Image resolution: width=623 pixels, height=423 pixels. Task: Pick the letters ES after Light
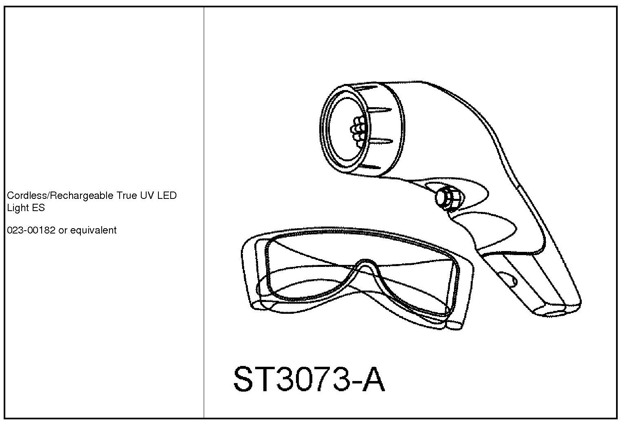tap(39, 208)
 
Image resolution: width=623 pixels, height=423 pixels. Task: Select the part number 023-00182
tap(31, 230)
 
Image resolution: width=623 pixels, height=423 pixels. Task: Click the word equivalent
tap(93, 230)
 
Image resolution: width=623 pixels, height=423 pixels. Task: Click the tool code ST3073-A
tap(309, 380)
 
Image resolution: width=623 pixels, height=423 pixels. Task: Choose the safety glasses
tap(355, 281)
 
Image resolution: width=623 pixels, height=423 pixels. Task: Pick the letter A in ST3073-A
tap(373, 380)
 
